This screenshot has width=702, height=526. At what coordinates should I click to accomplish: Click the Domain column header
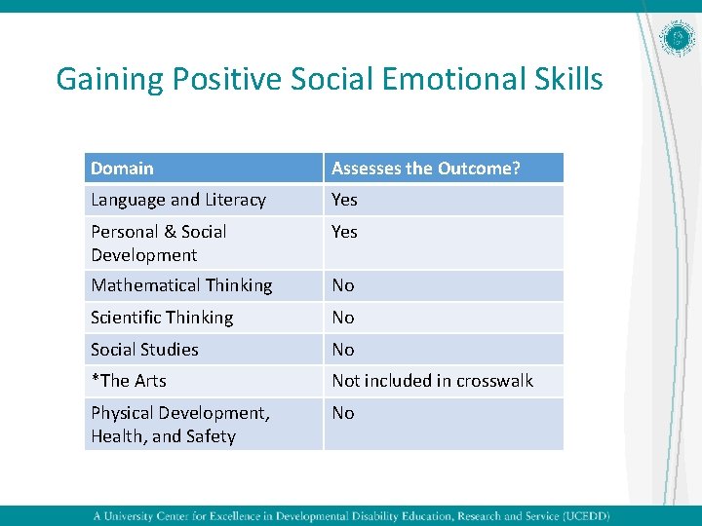pos(123,169)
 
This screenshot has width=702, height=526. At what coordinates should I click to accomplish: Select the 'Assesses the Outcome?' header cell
pos(426,169)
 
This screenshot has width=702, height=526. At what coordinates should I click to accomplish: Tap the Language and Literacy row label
pos(178,200)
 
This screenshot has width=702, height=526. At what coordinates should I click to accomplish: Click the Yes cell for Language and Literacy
pos(344,200)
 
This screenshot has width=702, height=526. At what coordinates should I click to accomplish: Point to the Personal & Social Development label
pos(158,243)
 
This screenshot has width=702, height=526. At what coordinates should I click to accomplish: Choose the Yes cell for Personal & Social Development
pos(344,232)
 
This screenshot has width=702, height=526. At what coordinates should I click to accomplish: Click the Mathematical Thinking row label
pos(181,285)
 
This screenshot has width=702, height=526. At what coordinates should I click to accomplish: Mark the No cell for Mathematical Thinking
pos(343,285)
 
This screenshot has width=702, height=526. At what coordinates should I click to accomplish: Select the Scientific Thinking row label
pos(162,318)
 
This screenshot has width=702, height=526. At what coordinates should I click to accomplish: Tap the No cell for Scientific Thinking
pos(343,318)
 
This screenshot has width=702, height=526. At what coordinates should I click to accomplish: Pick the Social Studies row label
pos(144,350)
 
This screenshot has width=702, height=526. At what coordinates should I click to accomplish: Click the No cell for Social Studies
pos(343,350)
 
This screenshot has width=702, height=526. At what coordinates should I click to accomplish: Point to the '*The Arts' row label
pos(129,381)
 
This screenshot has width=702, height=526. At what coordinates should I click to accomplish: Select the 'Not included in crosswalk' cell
pos(432,381)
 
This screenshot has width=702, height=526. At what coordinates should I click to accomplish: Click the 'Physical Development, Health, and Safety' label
pos(180,424)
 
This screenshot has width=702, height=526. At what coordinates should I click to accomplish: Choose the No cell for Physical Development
pos(343,413)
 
